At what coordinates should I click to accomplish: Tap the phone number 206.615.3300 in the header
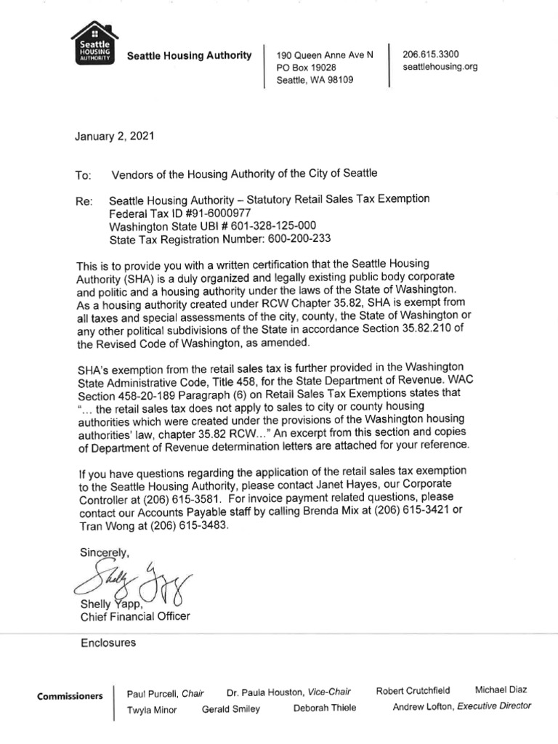pos(431,54)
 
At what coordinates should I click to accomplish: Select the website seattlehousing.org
pos(440,67)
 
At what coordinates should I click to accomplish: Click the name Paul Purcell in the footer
pos(153,695)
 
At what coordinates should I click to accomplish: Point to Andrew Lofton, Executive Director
pos(461,705)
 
